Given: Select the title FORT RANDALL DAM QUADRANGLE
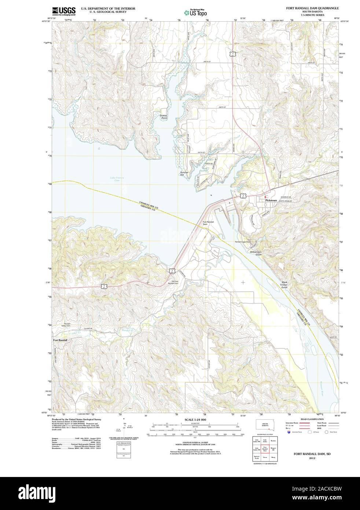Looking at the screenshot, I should click(x=313, y=8).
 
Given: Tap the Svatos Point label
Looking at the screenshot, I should click(x=164, y=117).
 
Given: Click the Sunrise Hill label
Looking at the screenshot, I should click(x=184, y=174).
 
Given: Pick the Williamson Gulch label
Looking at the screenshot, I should click(x=256, y=253).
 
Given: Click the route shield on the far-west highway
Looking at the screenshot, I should click(x=104, y=285).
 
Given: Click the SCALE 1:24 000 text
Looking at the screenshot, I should click(x=195, y=419).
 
